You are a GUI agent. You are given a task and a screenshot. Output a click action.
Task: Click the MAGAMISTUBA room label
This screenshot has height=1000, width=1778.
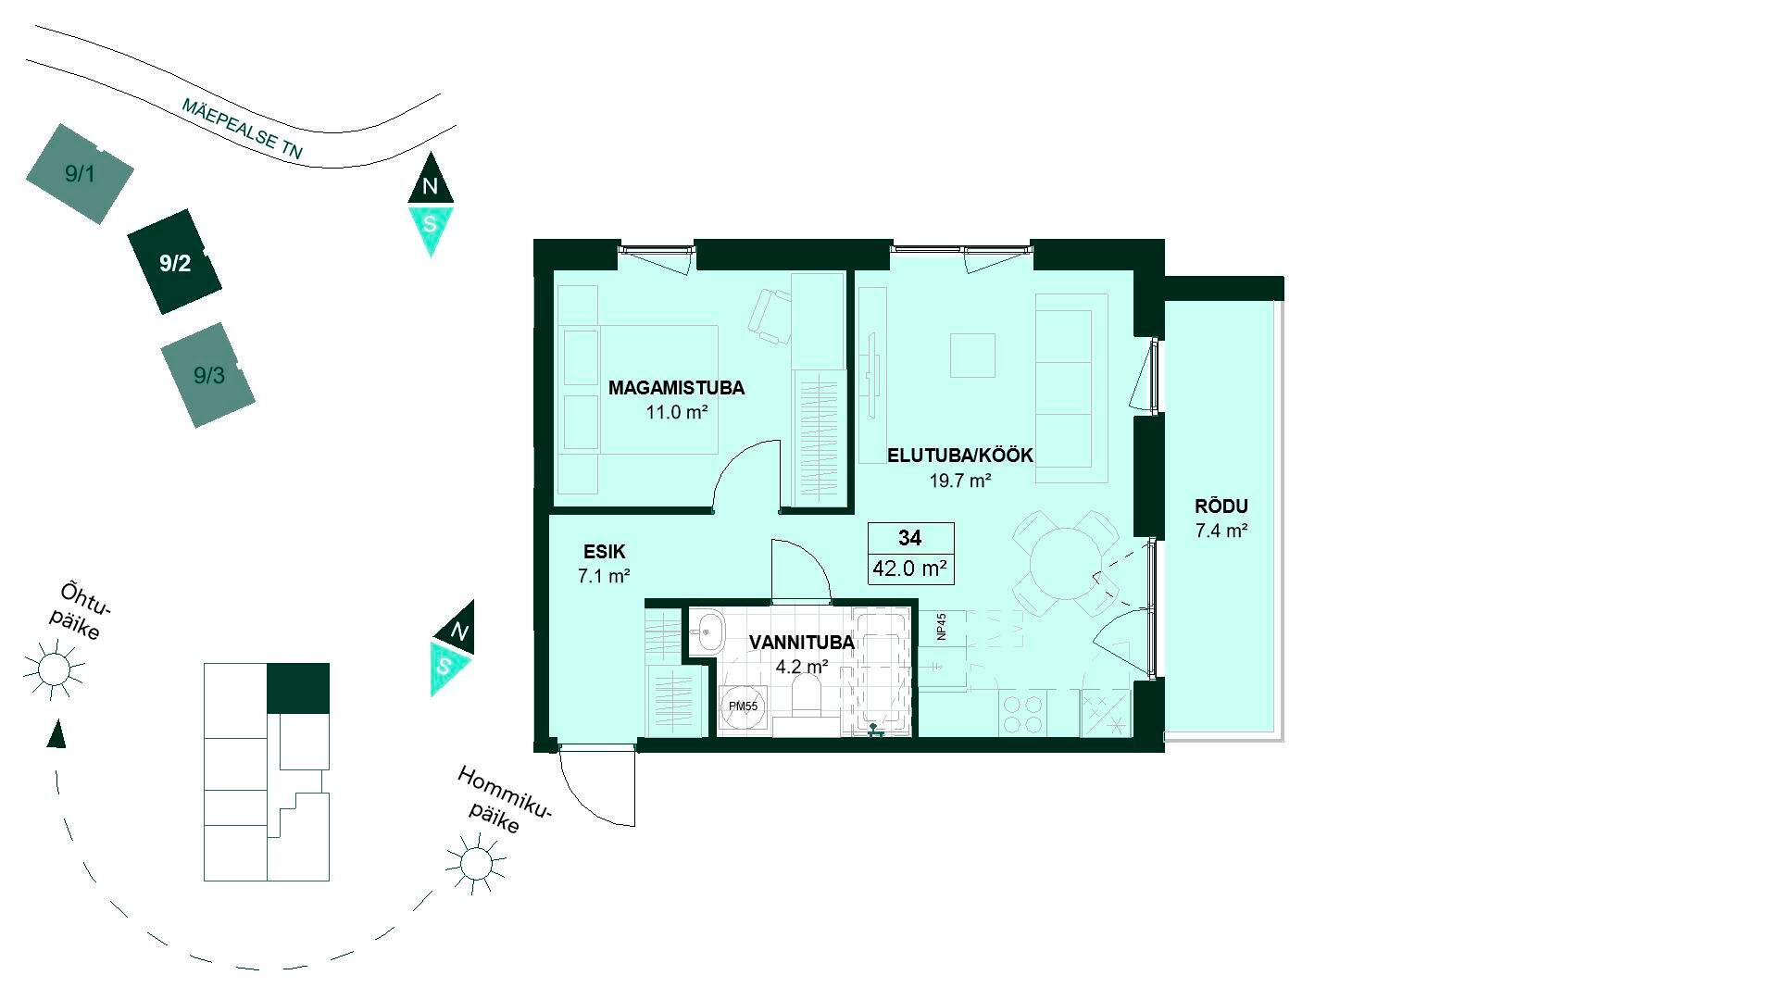pos(676,388)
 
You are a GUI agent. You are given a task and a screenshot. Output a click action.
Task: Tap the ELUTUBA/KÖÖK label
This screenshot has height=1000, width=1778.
pos(959,456)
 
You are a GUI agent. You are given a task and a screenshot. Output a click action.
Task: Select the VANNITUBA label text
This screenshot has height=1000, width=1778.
pos(802,643)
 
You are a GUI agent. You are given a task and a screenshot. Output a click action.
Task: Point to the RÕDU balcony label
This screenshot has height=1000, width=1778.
pos(1221,506)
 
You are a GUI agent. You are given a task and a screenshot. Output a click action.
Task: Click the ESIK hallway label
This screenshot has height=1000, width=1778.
pos(604,552)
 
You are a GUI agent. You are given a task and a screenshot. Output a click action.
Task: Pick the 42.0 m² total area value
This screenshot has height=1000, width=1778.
pos(909,569)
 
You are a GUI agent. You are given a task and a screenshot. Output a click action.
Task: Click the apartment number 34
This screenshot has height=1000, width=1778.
pos(909,537)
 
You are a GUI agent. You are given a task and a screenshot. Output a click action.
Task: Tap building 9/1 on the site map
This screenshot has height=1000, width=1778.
pos(80,173)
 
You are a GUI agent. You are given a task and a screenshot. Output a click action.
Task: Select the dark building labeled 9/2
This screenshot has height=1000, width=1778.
pos(175,263)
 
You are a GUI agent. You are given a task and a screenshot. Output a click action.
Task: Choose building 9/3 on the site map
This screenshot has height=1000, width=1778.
pos(208,375)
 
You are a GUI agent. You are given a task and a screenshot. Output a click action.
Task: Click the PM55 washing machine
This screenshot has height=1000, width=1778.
pos(743,706)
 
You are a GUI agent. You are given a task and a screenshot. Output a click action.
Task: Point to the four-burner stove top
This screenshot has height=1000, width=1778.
pos(1025,714)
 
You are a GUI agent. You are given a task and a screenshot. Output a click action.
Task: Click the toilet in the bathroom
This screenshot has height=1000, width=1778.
pos(807,694)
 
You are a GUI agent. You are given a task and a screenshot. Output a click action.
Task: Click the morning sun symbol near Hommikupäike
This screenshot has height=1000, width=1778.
pos(476,864)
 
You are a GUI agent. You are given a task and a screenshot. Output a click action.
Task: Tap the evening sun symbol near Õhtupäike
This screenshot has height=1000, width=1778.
pos(54,668)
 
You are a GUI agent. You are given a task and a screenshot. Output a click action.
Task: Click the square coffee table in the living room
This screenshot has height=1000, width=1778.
pos(972,356)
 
